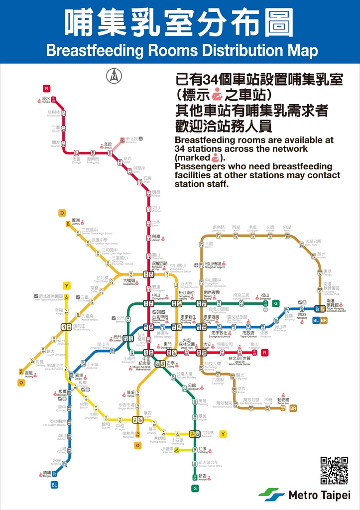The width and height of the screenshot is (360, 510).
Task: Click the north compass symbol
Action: (x=114, y=76)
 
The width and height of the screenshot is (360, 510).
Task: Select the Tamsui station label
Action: (x=46, y=100)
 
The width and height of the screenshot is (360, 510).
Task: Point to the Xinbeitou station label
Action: (x=131, y=140)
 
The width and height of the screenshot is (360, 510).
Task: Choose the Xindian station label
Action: (x=202, y=477)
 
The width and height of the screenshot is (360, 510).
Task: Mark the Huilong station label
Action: (x=28, y=374)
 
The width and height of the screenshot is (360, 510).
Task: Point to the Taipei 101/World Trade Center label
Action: (x=240, y=360)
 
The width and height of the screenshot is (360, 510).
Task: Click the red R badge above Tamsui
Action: (x=46, y=88)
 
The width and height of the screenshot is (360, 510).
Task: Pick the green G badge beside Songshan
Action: (x=275, y=303)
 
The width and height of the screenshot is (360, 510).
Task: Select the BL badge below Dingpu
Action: (x=54, y=484)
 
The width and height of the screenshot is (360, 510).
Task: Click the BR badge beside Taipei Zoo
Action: (x=293, y=408)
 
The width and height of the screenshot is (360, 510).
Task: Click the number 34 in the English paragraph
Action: (x=180, y=149)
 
